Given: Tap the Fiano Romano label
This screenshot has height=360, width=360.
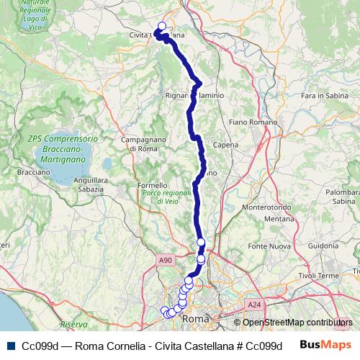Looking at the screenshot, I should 248,123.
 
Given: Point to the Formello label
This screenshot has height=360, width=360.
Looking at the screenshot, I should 152,185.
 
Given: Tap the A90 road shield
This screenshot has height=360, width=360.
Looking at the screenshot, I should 166,260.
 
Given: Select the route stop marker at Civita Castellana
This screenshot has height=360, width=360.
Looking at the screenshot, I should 161,27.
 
